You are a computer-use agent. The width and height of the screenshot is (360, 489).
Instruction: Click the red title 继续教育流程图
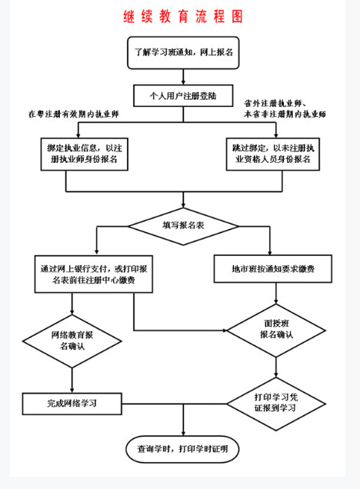(x=183, y=16)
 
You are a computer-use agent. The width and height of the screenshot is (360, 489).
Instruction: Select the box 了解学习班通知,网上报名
(x=183, y=52)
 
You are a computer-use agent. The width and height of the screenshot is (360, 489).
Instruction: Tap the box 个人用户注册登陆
(x=183, y=96)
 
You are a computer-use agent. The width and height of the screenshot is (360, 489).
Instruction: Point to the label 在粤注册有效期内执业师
(x=74, y=114)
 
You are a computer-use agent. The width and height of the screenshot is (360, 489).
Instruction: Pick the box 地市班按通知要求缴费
(x=272, y=270)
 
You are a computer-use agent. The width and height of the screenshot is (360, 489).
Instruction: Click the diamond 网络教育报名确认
(x=73, y=341)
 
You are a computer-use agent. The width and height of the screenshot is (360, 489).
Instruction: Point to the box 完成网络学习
(x=73, y=402)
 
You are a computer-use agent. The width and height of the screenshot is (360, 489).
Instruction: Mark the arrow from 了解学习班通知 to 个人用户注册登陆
(x=183, y=75)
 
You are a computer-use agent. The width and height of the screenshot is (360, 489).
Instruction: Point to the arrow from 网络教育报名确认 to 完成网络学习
(x=73, y=379)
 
